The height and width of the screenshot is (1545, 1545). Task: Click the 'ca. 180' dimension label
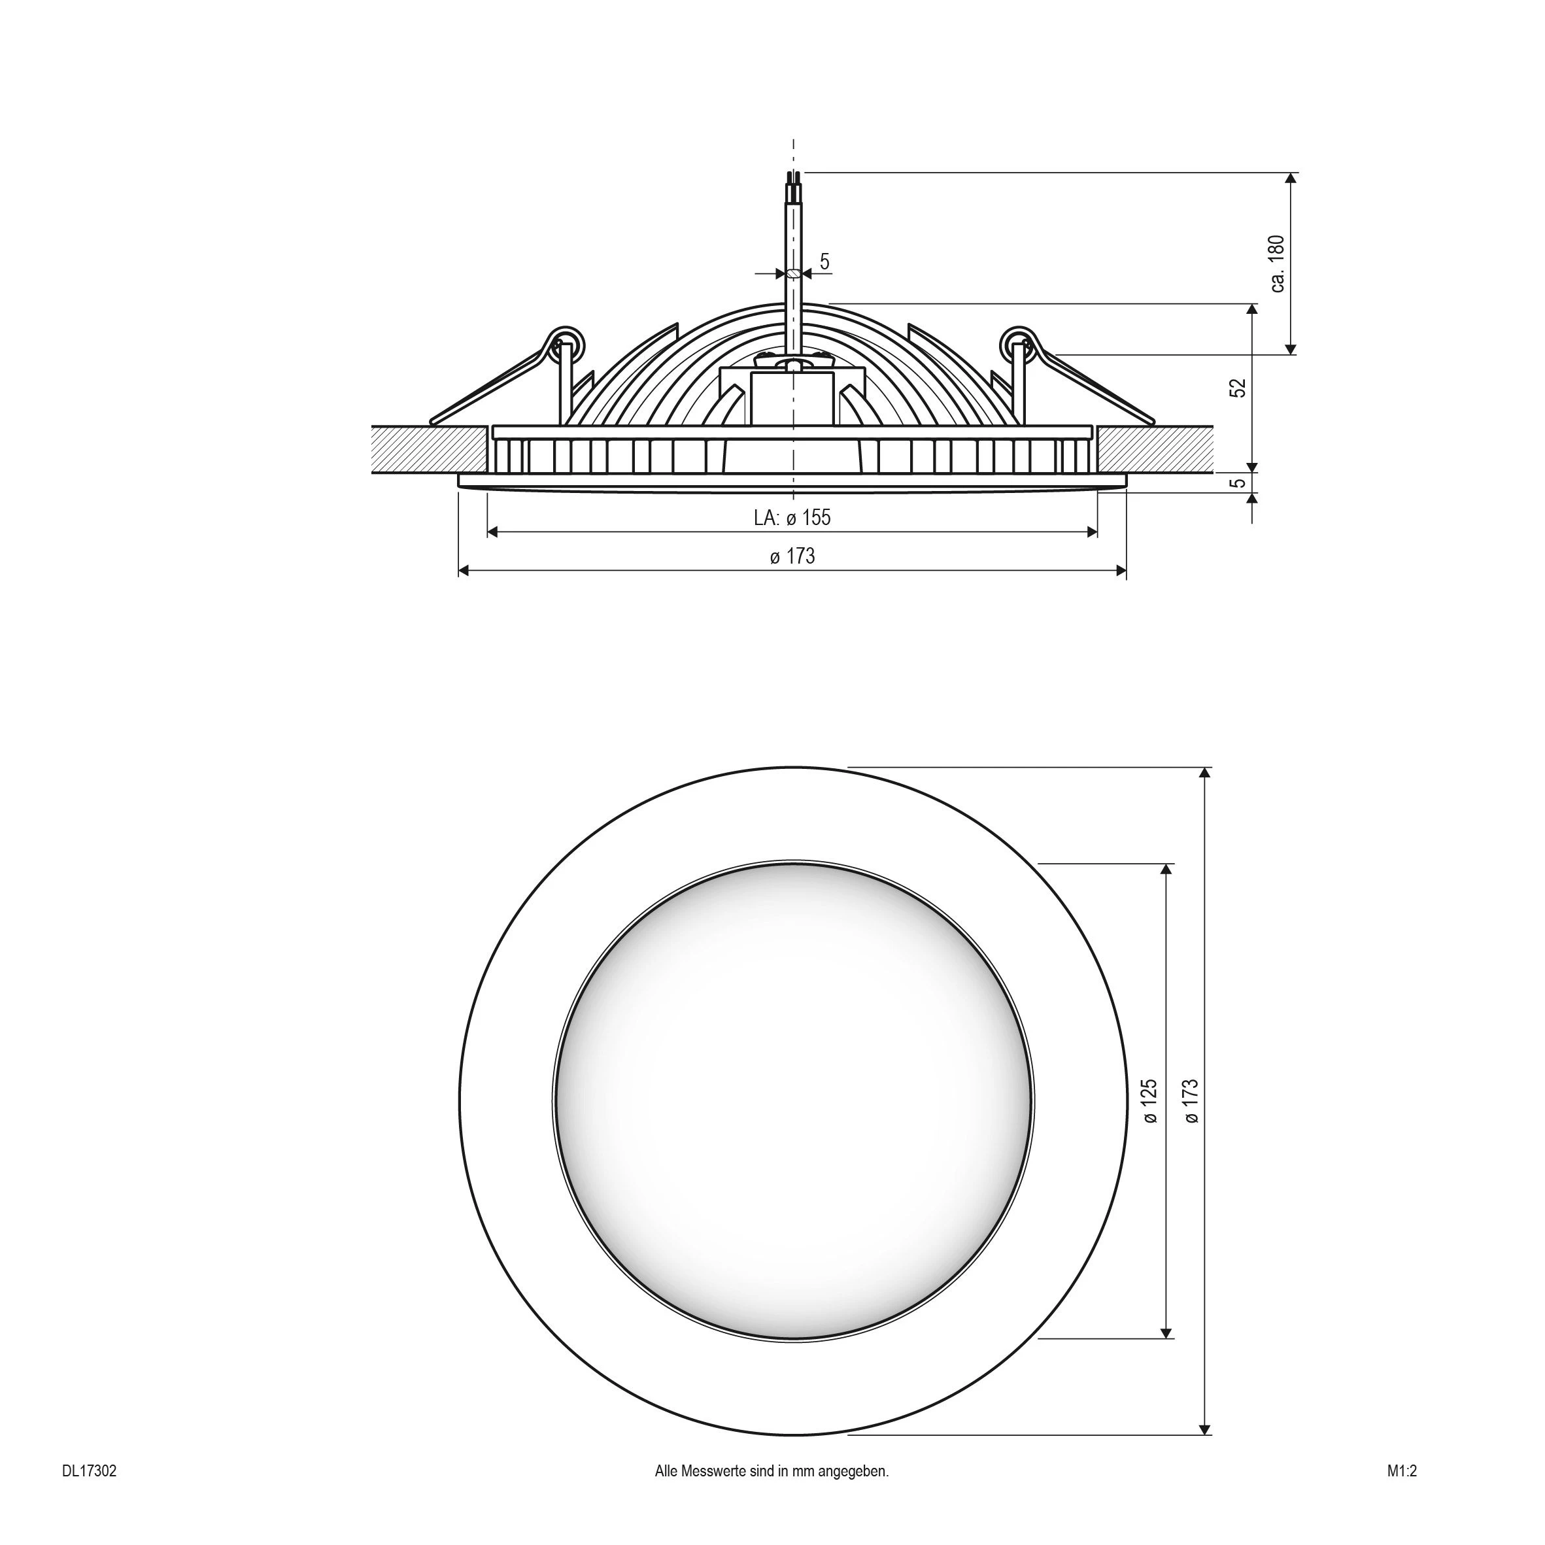pos(1276,264)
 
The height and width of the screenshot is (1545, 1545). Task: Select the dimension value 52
pos(1238,388)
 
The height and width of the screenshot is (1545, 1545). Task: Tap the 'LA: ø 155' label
pos(792,517)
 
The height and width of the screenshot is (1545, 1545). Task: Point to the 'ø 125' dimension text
pos(1150,1102)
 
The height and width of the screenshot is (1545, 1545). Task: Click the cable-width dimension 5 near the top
pos(824,262)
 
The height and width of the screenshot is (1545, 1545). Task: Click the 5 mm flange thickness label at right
pos(1238,483)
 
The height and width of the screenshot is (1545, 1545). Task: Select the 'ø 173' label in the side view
pos(792,556)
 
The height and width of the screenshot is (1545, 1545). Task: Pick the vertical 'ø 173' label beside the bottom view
pos(1191,1102)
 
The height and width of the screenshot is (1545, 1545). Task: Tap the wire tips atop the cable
pos(793,178)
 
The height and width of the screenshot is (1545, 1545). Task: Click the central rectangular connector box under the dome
pos(792,398)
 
